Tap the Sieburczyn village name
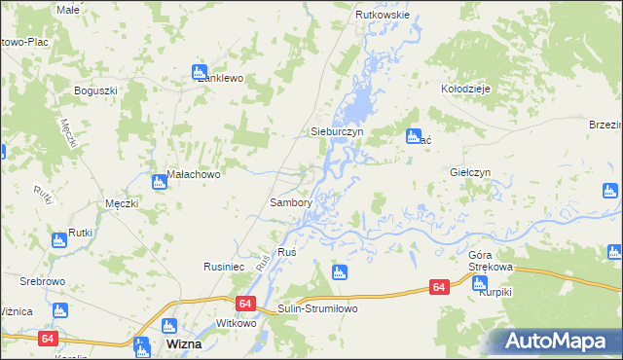tap(336, 129)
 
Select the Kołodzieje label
tap(466, 87)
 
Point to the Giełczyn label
tap(470, 171)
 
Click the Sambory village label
tap(290, 203)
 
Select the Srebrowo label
tap(42, 280)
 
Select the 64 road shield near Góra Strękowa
tap(439, 287)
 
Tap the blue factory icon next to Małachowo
tap(159, 181)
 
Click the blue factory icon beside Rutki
tap(58, 238)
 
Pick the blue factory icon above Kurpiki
tap(479, 283)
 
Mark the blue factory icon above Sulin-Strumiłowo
tap(339, 272)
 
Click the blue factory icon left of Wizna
tap(142, 345)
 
